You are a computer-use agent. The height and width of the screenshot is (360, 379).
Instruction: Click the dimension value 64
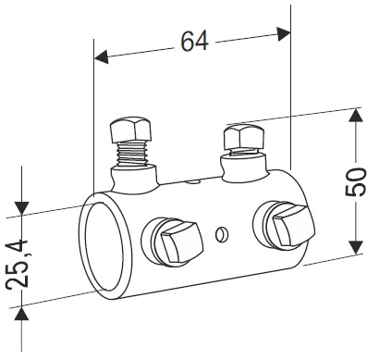point(194,41)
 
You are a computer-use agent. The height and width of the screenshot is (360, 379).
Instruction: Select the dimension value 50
point(355,181)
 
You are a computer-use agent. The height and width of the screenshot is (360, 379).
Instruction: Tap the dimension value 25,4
point(18,264)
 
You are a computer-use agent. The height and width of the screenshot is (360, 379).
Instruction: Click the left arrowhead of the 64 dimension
point(102,57)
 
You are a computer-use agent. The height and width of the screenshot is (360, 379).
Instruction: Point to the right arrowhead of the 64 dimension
point(284,33)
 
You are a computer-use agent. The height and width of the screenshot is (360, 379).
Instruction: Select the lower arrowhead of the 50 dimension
point(356,247)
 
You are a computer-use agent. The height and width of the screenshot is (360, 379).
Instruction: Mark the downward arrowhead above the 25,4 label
point(22,208)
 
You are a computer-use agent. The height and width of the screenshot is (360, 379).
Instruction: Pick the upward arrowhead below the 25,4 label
point(21,314)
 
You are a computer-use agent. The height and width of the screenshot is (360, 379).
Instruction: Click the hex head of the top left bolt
point(130,130)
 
